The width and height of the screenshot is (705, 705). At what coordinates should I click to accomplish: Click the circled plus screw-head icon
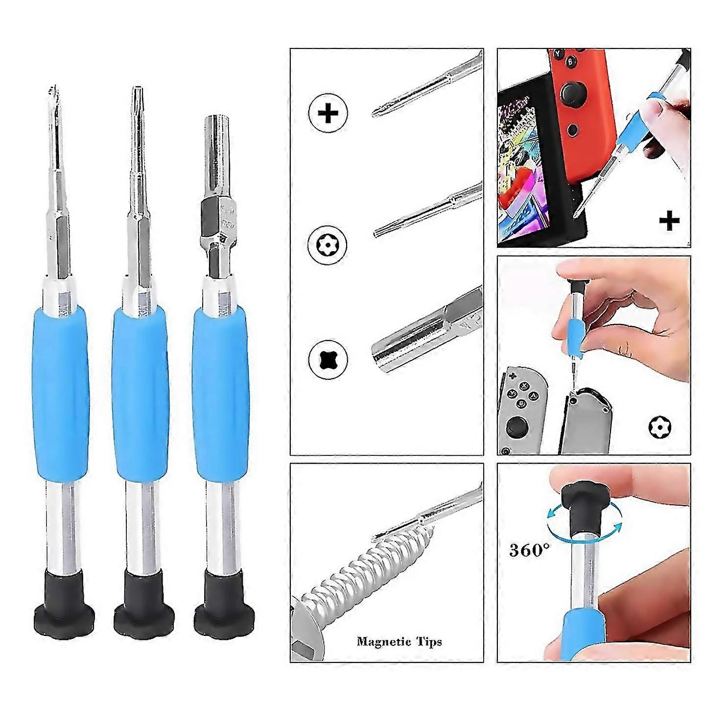tap(328, 113)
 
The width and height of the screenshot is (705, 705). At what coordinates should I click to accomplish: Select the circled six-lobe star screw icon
tap(327, 244)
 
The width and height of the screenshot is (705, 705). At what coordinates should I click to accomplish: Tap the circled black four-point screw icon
tap(328, 358)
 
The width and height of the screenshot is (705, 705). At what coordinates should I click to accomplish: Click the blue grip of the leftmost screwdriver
tap(60, 393)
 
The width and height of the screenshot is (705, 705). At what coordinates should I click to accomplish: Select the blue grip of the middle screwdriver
tap(140, 393)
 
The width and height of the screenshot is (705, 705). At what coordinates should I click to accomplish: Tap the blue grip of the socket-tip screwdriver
tap(220, 393)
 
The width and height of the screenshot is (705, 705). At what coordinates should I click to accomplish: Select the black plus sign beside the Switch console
tap(669, 220)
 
